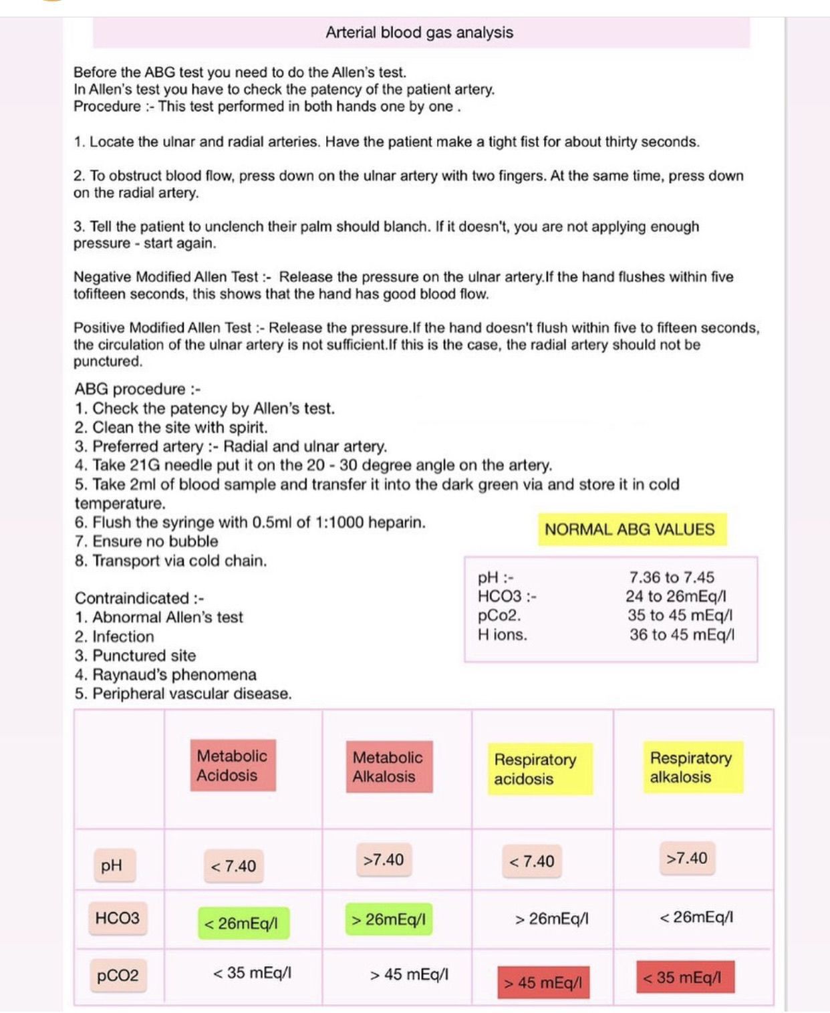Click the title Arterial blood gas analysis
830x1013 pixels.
click(419, 32)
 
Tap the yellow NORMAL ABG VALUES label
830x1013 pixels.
click(630, 529)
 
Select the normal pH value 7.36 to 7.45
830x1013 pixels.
click(671, 577)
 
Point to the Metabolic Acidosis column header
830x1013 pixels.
click(232, 765)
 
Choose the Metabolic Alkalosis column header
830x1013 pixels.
click(388, 766)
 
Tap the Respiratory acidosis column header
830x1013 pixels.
click(535, 768)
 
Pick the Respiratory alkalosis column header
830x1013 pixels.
click(691, 767)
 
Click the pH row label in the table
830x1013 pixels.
click(112, 865)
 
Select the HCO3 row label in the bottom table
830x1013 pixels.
click(117, 917)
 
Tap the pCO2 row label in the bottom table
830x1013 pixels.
click(118, 975)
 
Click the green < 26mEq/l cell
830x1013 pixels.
click(241, 923)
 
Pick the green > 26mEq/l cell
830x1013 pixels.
click(388, 919)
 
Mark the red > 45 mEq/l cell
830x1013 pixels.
click(543, 982)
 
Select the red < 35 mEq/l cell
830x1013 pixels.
click(682, 978)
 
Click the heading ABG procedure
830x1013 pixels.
click(137, 389)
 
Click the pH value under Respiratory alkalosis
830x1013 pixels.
click(687, 858)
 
